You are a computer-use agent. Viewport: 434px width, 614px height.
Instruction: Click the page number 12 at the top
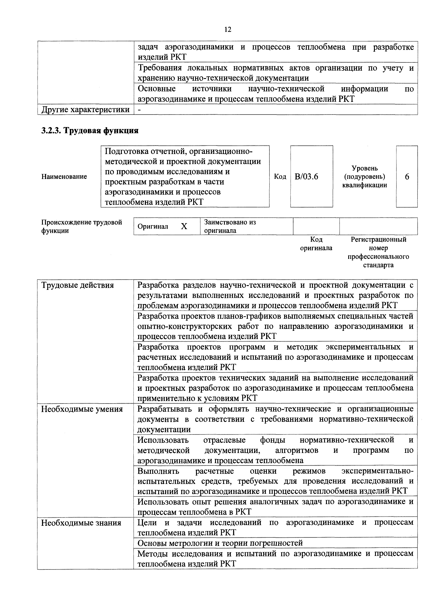pyautogui.click(x=227, y=29)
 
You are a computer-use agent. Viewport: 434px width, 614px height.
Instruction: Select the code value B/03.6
pyautogui.click(x=306, y=177)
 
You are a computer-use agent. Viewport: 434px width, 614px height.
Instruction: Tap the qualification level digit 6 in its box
pyautogui.click(x=407, y=177)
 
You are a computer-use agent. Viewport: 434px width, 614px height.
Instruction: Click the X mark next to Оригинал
pyautogui.click(x=184, y=226)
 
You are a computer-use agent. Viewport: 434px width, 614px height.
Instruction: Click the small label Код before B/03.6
pyautogui.click(x=280, y=177)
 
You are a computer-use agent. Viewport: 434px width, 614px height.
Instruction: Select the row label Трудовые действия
pyautogui.click(x=78, y=285)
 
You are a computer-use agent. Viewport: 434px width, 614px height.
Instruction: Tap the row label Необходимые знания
pyautogui.click(x=81, y=523)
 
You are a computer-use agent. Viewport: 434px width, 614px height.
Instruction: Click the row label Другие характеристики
pyautogui.click(x=85, y=110)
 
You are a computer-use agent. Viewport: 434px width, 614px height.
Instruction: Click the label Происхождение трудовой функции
pyautogui.click(x=82, y=226)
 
